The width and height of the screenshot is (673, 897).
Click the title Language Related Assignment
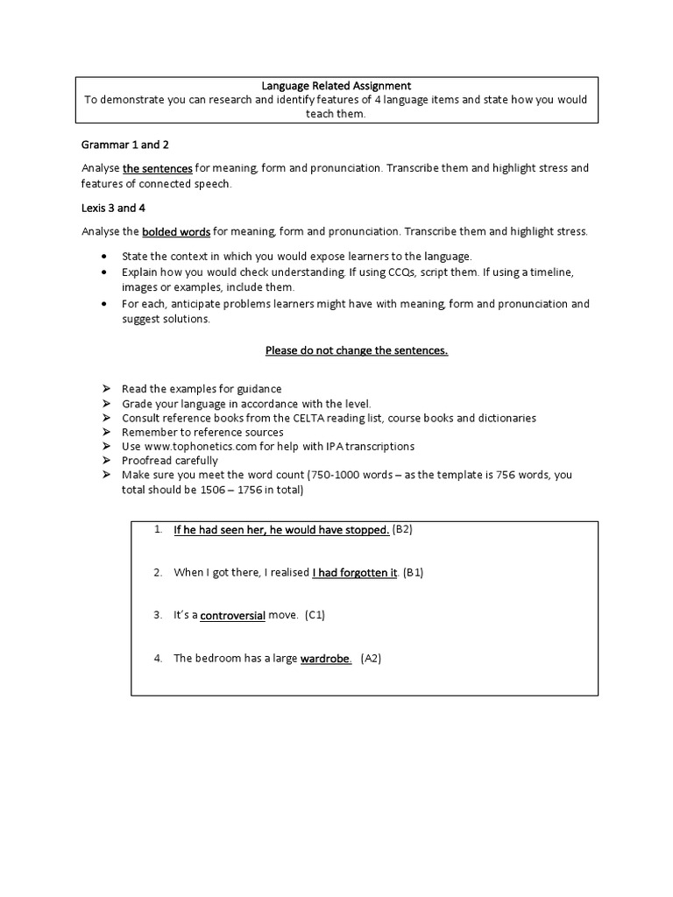click(336, 85)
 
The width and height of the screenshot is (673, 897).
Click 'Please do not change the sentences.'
click(357, 350)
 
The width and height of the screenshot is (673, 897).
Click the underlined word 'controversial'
click(232, 616)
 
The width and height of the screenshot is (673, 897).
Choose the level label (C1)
click(315, 616)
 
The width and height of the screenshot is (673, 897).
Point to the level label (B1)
click(414, 573)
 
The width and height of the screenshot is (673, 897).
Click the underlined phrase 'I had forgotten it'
click(355, 573)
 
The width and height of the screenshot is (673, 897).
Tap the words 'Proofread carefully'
click(170, 460)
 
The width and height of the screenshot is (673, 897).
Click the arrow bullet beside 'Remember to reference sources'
click(105, 432)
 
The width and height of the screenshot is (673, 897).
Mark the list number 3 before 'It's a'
click(158, 616)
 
